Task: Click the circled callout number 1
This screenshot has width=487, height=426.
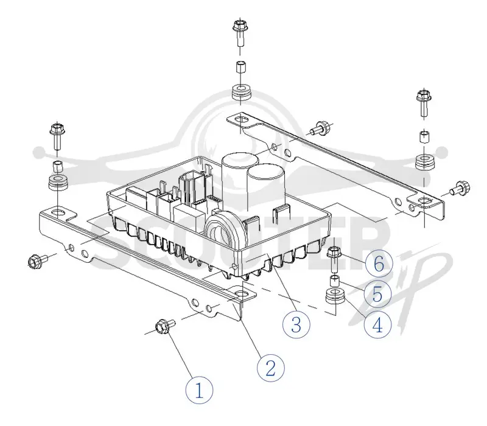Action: click(x=199, y=390)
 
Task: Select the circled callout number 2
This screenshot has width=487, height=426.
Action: click(x=270, y=368)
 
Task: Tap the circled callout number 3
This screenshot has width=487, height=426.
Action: click(x=296, y=325)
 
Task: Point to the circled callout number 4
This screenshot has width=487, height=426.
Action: click(x=377, y=326)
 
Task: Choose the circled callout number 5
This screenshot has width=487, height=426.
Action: click(x=377, y=293)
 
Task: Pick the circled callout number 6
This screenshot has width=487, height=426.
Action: click(x=379, y=264)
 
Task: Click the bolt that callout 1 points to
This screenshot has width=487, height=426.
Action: click(x=164, y=326)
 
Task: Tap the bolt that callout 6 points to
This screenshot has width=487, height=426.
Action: click(x=334, y=258)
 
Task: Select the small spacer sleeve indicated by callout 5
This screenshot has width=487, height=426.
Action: click(x=334, y=281)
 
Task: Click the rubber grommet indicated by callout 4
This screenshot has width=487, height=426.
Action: click(x=335, y=296)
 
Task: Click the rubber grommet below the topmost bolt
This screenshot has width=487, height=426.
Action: click(x=242, y=91)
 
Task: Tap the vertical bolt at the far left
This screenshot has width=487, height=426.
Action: click(x=57, y=136)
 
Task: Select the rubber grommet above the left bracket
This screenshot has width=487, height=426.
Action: click(x=58, y=183)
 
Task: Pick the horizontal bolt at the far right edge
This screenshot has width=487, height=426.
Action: click(x=460, y=189)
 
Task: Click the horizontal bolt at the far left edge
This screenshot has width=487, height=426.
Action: click(x=37, y=260)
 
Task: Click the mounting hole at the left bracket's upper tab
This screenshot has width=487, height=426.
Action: click(x=58, y=213)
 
